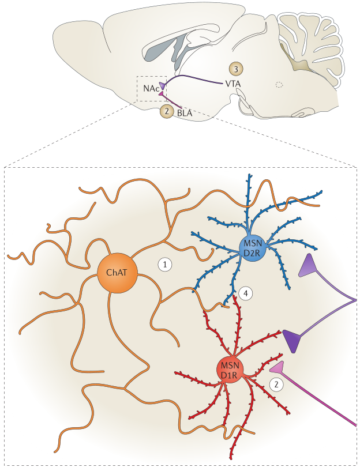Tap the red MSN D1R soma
[230, 370]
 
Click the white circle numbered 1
[165, 264]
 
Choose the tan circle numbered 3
[235, 69]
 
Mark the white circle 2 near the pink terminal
[277, 384]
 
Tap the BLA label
[185, 113]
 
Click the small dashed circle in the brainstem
[279, 85]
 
